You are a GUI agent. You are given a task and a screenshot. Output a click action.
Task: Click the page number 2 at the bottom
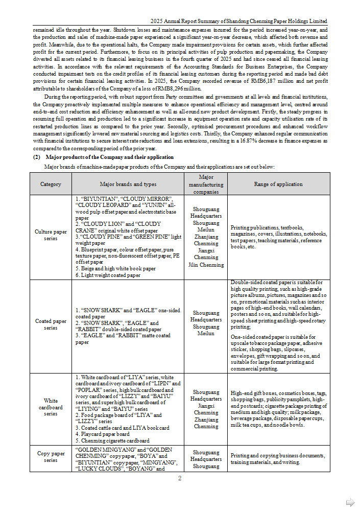click(180, 478)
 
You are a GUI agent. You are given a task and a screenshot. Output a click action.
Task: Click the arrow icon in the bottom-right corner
click(350, 502)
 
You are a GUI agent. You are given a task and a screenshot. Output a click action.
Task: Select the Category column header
click(51, 184)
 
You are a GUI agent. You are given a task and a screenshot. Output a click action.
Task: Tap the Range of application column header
click(278, 184)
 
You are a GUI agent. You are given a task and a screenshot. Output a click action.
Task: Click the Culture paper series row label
click(51, 236)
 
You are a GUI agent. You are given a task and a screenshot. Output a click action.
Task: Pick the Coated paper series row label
click(51, 324)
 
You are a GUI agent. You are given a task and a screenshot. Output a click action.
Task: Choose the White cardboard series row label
click(51, 407)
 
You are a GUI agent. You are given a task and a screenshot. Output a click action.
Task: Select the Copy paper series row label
click(51, 456)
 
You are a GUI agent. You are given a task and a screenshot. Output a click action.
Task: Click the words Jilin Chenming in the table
click(206, 265)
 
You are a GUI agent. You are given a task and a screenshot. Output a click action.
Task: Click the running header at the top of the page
click(239, 21)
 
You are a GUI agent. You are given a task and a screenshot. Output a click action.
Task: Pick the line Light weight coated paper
click(108, 275)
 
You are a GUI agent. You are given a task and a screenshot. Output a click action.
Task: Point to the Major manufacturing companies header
click(206, 184)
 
